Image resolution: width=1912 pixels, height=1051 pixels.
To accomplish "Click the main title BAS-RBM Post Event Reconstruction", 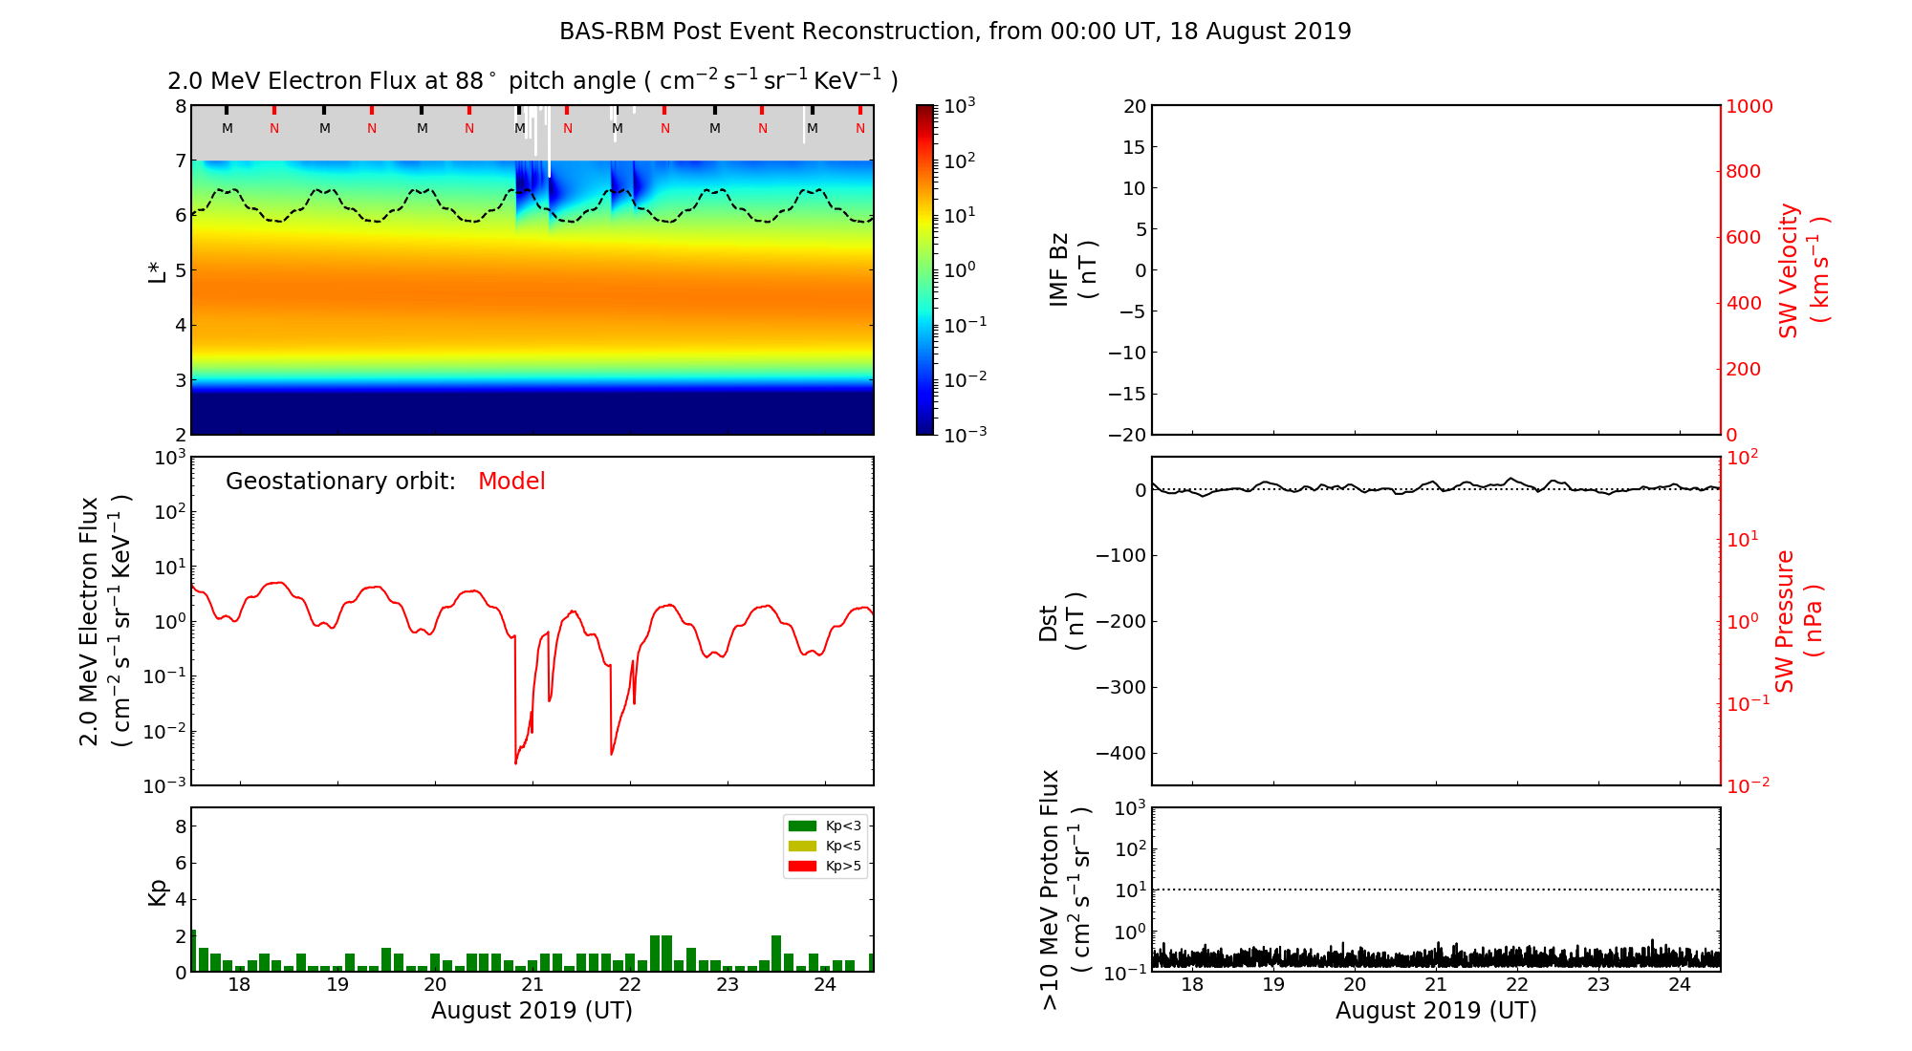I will point(955,32).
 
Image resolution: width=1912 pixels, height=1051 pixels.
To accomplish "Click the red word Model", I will point(511,482).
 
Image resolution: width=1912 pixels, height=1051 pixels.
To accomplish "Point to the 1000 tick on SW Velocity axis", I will point(1749,106).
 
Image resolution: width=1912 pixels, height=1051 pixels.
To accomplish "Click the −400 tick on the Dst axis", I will point(1120,753).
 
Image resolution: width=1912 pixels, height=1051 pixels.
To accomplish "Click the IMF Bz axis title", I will point(1073,270).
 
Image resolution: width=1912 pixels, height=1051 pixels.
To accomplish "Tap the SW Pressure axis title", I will point(1798,621).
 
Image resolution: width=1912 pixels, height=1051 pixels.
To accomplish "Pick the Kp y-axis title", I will point(158,891).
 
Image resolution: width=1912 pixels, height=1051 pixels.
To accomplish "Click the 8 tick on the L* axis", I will point(181,106).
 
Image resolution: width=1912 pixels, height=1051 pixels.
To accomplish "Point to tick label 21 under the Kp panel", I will point(532,985).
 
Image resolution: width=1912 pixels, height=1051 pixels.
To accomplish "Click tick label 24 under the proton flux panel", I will point(1680,985).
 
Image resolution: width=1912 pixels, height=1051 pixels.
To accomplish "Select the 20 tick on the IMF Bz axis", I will point(1134,106).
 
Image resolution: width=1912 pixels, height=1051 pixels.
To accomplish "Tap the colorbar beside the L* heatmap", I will point(924,270).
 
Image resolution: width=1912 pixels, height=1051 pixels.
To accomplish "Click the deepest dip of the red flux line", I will point(515,762).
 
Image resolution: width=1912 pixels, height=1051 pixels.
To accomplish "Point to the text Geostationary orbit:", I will point(340,482).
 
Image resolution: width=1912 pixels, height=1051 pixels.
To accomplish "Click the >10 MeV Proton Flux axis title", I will point(1064,890).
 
